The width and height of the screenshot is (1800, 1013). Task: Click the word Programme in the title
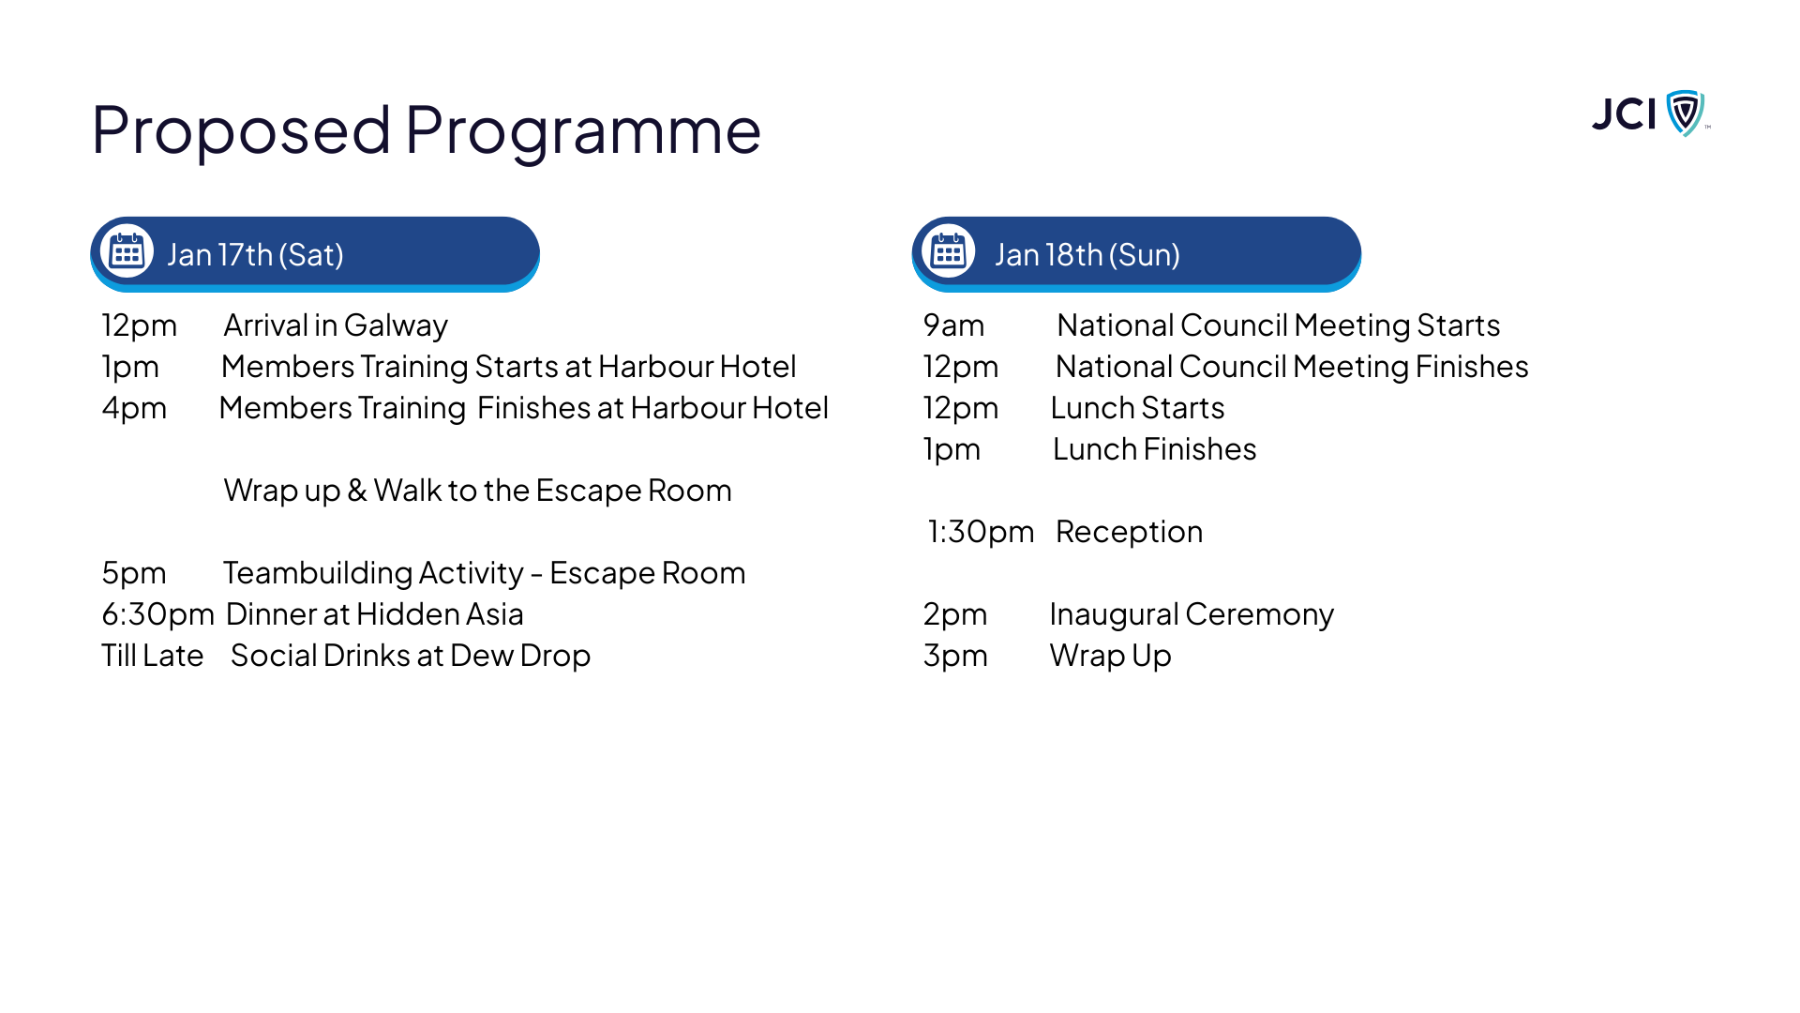pyautogui.click(x=582, y=131)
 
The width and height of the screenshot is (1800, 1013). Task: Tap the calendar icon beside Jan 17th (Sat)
pyautogui.click(x=127, y=251)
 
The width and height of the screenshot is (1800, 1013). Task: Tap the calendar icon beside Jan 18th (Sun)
pyautogui.click(x=949, y=251)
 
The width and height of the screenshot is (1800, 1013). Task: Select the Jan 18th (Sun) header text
pyautogui.click(x=1087, y=254)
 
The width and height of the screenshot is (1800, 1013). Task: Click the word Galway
pyautogui.click(x=396, y=326)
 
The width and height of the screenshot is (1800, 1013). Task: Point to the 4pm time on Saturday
pyautogui.click(x=134, y=409)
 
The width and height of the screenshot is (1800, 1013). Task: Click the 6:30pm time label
pyautogui.click(x=157, y=614)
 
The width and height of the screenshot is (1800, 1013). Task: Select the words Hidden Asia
pyautogui.click(x=440, y=614)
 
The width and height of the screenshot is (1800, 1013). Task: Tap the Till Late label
pyautogui.click(x=152, y=656)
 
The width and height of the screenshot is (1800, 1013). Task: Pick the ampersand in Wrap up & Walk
pyautogui.click(x=357, y=491)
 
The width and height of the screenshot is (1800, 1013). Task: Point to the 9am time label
pyautogui.click(x=953, y=325)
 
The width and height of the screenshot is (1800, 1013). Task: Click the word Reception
pyautogui.click(x=1129, y=533)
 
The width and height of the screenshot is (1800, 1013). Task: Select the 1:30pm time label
pyautogui.click(x=981, y=532)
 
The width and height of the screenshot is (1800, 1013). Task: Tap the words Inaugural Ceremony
pyautogui.click(x=1192, y=614)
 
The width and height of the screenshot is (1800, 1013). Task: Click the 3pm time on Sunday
pyautogui.click(x=955, y=656)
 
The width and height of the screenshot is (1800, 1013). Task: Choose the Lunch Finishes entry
pyautogui.click(x=1154, y=449)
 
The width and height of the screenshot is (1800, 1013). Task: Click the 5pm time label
pyautogui.click(x=134, y=573)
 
